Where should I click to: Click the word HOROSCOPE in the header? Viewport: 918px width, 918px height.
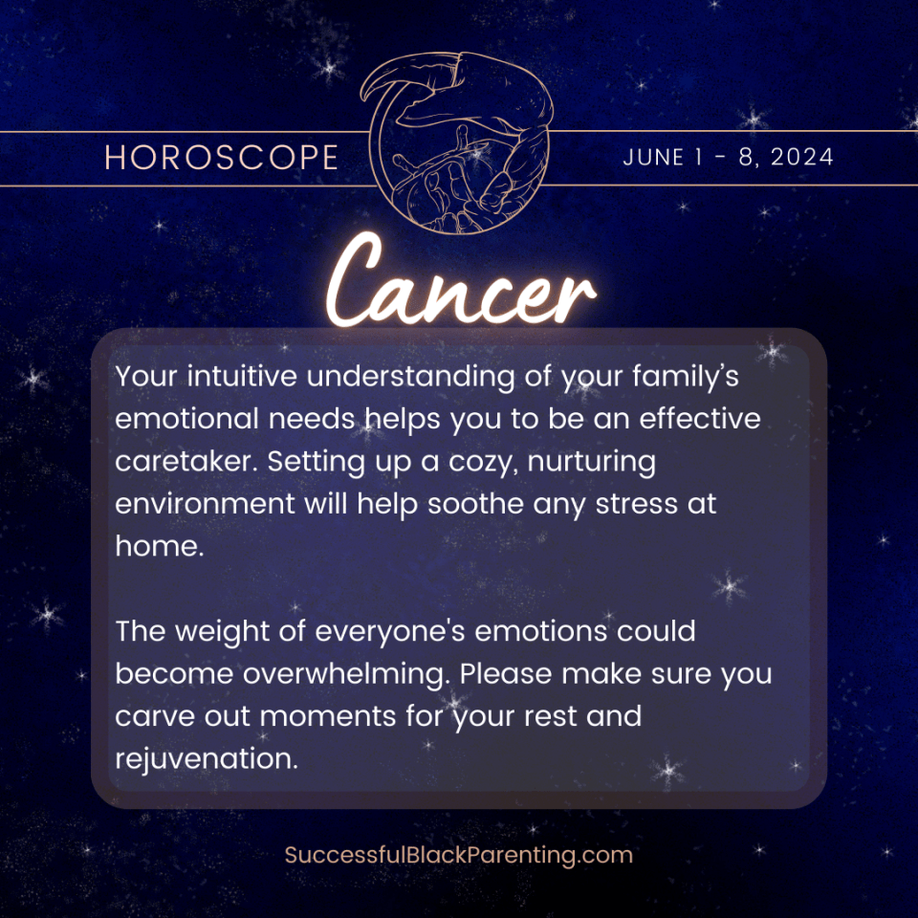click(221, 158)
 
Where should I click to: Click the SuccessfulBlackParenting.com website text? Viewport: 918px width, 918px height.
click(459, 854)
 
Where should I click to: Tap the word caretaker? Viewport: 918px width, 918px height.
click(186, 461)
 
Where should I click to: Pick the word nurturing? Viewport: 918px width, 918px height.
click(594, 461)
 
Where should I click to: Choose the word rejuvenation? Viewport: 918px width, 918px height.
click(204, 758)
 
